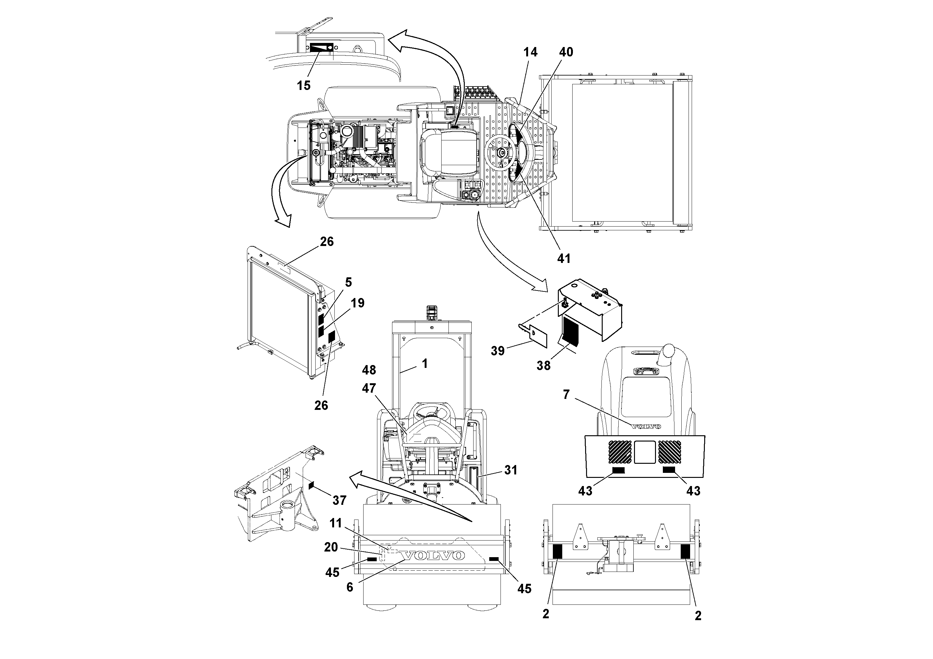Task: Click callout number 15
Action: (304, 86)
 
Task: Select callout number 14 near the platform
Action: (530, 52)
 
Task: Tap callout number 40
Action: (566, 52)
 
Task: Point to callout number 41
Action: (563, 259)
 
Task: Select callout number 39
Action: (497, 351)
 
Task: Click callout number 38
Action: (543, 366)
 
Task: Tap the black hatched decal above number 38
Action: (570, 332)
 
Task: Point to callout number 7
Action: (566, 394)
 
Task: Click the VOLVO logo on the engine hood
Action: (646, 426)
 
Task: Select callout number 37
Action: (339, 500)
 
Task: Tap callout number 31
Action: (511, 470)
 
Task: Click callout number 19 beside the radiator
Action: (358, 303)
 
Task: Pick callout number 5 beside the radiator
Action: (348, 282)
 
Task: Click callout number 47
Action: (369, 388)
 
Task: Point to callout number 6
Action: (350, 588)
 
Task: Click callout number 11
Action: (336, 523)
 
